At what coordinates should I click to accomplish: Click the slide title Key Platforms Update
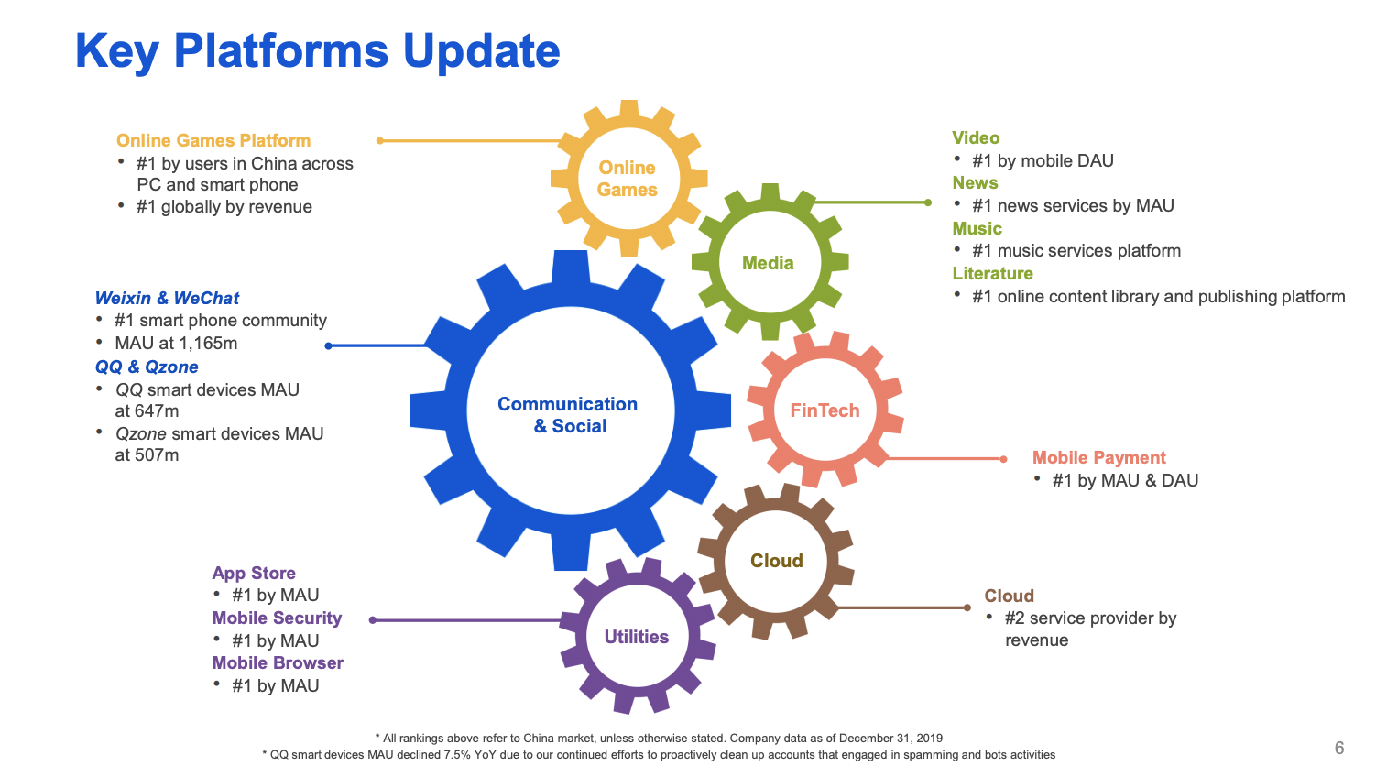coord(317,51)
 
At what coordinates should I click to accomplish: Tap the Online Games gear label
coord(628,179)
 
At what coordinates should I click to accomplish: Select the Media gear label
coord(768,263)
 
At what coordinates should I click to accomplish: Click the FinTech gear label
coord(825,410)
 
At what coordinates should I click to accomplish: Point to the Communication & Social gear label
coord(568,415)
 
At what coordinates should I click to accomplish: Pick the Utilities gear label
coord(637,637)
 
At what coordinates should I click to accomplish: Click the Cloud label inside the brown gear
coord(777,561)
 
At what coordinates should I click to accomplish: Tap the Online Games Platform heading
coord(213,140)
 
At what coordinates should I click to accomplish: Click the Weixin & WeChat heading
coord(167,298)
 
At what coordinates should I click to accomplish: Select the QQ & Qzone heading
coord(147,367)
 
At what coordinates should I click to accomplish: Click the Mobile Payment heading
coord(1098,457)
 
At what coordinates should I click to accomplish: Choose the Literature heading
coord(992,273)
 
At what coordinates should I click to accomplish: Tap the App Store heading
coord(254,573)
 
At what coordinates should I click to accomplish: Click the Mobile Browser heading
coord(278,662)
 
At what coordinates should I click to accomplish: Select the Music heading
coord(977,228)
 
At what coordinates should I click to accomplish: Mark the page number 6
coord(1338,748)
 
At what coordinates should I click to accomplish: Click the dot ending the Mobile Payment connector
coord(1004,459)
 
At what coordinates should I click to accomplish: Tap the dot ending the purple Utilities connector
coord(373,620)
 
